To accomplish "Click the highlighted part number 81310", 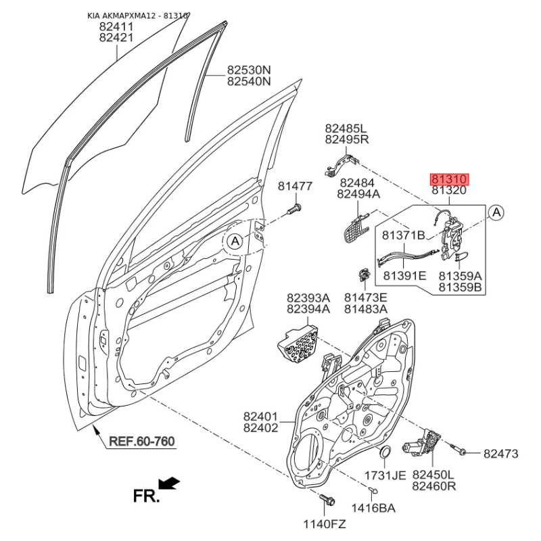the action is [x=449, y=179].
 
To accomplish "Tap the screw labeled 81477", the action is [x=294, y=210].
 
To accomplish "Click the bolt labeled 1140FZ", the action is [x=327, y=500].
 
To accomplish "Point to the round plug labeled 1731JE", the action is [x=385, y=452].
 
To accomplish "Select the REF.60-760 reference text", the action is [x=142, y=442].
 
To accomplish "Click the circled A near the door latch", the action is [x=496, y=212].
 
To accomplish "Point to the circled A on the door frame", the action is [x=235, y=241].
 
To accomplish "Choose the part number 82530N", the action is [x=249, y=70].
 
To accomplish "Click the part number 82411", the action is [x=116, y=26].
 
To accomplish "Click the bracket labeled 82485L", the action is [x=342, y=164].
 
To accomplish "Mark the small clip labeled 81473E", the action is [x=364, y=275].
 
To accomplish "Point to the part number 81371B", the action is [x=403, y=235].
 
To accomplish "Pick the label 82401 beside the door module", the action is [x=260, y=417].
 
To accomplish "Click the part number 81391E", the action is [x=404, y=275].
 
